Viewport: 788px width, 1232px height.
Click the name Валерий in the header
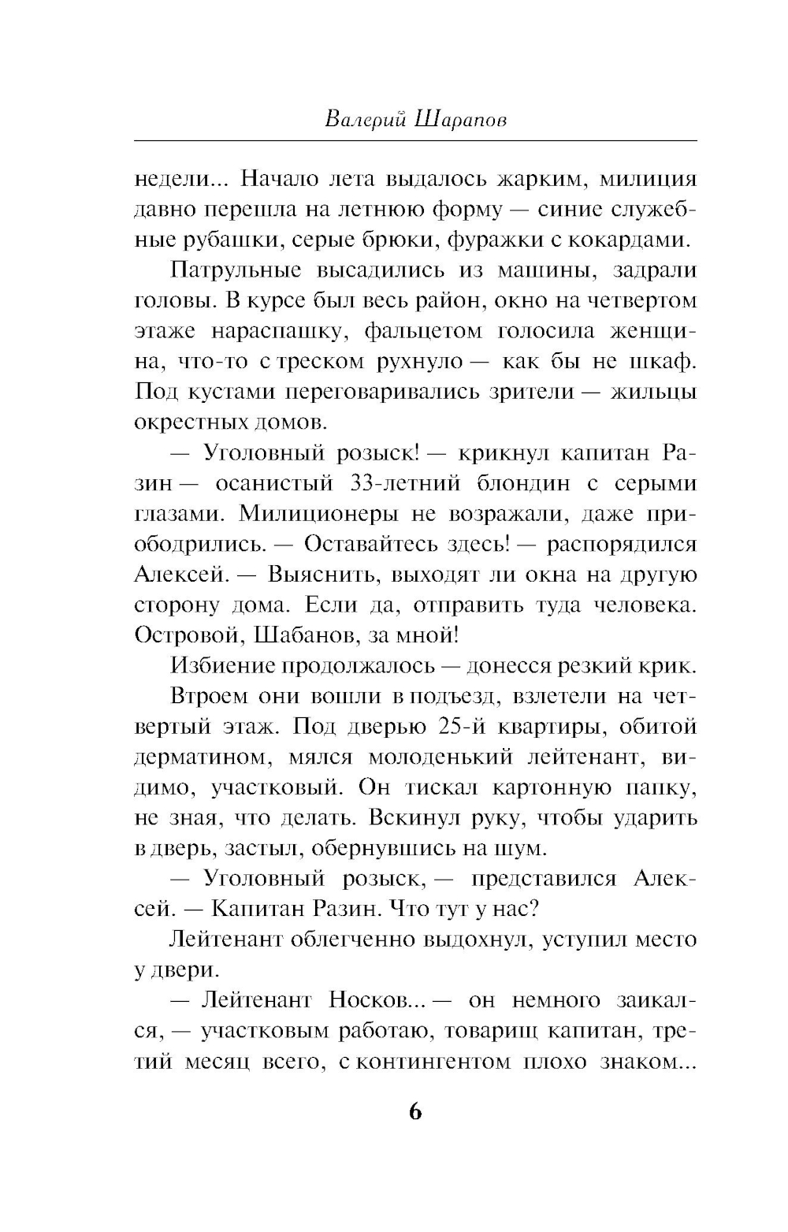click(x=364, y=118)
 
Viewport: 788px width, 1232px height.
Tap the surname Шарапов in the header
click(x=459, y=118)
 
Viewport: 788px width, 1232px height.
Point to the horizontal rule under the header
click(x=416, y=141)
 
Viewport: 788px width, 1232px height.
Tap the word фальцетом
click(x=424, y=331)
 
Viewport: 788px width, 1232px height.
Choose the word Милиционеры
click(x=320, y=513)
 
